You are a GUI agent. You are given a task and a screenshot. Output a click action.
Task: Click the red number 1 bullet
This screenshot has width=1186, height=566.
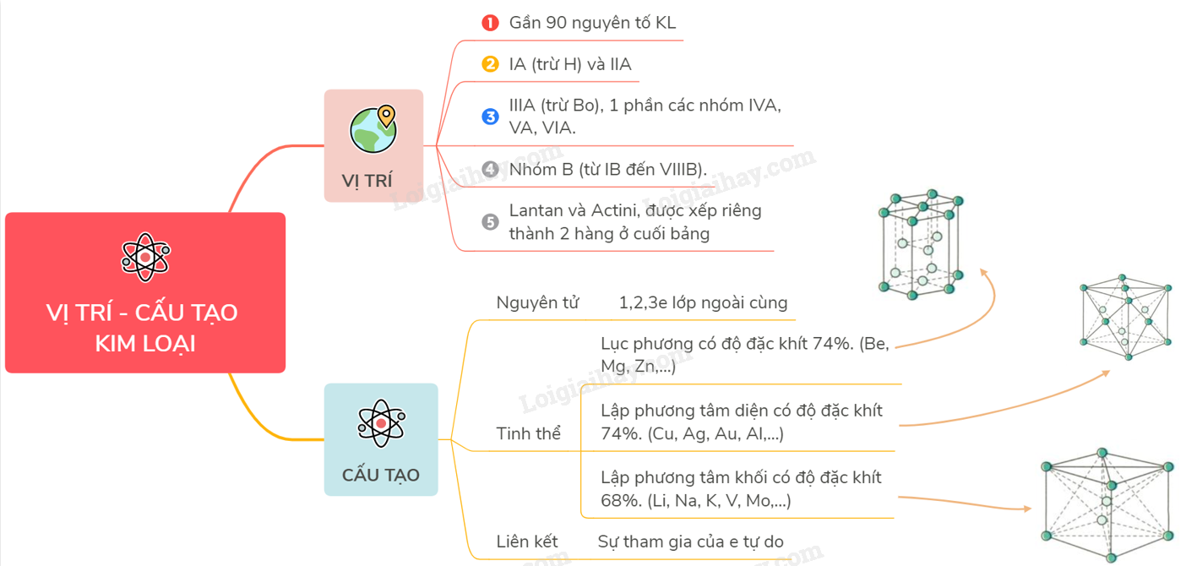pyautogui.click(x=490, y=23)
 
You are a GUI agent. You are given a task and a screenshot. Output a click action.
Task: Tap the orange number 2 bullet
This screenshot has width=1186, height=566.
pyautogui.click(x=490, y=64)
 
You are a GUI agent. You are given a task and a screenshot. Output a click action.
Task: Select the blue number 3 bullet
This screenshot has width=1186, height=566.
pyautogui.click(x=490, y=117)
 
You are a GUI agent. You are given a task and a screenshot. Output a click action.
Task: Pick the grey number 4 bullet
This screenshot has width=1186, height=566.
pyautogui.click(x=490, y=169)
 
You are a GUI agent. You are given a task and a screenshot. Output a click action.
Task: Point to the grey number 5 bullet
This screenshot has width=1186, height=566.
pyautogui.click(x=490, y=222)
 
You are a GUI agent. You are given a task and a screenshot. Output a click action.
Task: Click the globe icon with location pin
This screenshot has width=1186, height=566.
pyautogui.click(x=373, y=129)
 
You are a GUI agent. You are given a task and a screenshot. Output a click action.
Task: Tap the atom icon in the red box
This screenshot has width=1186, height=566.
pyautogui.click(x=145, y=257)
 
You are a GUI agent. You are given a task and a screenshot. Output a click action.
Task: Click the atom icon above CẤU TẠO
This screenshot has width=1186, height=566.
pyautogui.click(x=381, y=422)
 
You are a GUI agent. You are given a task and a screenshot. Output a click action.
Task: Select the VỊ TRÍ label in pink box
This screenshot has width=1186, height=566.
pyautogui.click(x=367, y=181)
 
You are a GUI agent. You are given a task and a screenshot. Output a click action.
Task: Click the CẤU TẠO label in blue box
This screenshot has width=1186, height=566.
pyautogui.click(x=381, y=475)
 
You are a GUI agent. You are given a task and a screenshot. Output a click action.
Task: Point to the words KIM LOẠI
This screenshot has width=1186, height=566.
pyautogui.click(x=145, y=344)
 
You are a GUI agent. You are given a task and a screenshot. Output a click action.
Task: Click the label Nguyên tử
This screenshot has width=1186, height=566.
pyautogui.click(x=537, y=302)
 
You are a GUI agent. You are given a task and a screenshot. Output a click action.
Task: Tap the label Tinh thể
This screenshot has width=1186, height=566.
pyautogui.click(x=529, y=433)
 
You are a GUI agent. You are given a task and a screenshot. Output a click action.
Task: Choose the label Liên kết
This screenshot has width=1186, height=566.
pyautogui.click(x=527, y=542)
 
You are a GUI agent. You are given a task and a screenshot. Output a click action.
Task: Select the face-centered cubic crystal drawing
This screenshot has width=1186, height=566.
pyautogui.click(x=1126, y=317)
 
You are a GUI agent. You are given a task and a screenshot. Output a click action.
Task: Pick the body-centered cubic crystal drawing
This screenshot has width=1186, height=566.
pyautogui.click(x=1107, y=504)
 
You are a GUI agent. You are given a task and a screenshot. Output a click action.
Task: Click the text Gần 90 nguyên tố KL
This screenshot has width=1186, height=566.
pyautogui.click(x=592, y=23)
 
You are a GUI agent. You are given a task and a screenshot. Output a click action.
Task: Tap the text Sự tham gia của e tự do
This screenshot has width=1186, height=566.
pyautogui.click(x=691, y=542)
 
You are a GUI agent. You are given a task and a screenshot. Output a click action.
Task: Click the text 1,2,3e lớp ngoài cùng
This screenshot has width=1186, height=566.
pyautogui.click(x=703, y=302)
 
